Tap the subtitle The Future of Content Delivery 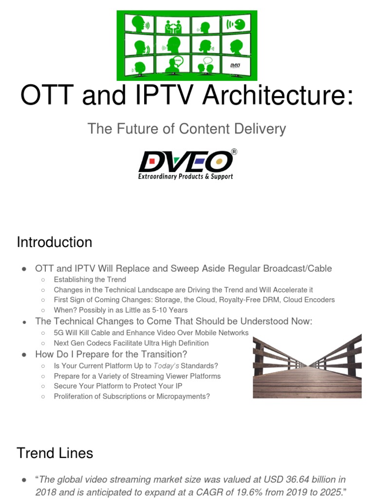pyautogui.click(x=187, y=129)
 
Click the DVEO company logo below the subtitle pyautogui.click(x=185, y=161)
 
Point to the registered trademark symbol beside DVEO pyautogui.click(x=234, y=152)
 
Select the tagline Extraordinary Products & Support pyautogui.click(x=185, y=176)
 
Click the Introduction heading pyautogui.click(x=54, y=242)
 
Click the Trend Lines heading pyautogui.click(x=55, y=453)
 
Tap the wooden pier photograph pyautogui.click(x=307, y=365)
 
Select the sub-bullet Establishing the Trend pyautogui.click(x=90, y=280)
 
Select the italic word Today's pyautogui.click(x=162, y=366)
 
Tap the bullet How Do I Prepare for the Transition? pyautogui.click(x=111, y=354)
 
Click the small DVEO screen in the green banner pyautogui.click(x=235, y=65)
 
